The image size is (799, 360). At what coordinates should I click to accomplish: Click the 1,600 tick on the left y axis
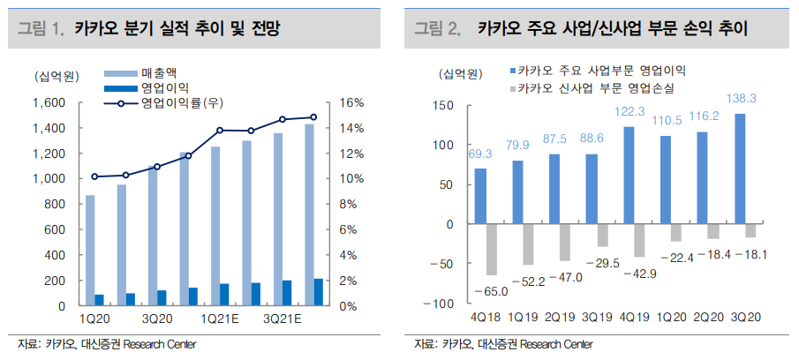[49, 103]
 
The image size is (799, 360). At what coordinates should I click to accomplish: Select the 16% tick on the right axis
[352, 103]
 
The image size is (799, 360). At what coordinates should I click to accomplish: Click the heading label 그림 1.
[42, 29]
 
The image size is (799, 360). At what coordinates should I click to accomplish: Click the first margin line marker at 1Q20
[94, 176]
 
